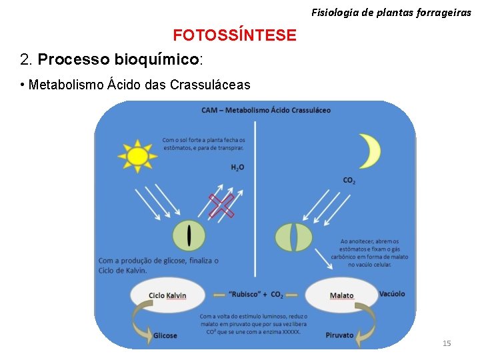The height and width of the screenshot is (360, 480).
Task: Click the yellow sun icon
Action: click(x=137, y=155)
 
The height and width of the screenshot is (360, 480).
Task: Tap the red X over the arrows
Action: click(x=221, y=206)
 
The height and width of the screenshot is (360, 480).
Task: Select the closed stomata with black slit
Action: click(x=189, y=236)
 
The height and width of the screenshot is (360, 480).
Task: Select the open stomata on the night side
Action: click(x=293, y=237)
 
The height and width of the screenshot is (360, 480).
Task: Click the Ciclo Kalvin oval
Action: click(x=167, y=295)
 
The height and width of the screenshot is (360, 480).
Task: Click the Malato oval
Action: click(x=341, y=295)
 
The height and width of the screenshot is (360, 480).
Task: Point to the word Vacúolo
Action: click(x=391, y=294)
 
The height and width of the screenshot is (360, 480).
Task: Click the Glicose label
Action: click(x=165, y=335)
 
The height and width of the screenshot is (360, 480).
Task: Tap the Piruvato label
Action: click(x=339, y=335)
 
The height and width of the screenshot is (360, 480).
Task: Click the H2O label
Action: click(x=237, y=167)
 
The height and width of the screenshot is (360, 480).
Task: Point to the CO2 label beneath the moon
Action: click(x=349, y=181)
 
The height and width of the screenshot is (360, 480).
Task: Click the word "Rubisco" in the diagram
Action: click(x=245, y=295)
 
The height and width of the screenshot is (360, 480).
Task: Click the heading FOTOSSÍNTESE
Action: click(x=235, y=35)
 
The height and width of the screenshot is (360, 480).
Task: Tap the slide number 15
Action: click(x=447, y=343)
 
